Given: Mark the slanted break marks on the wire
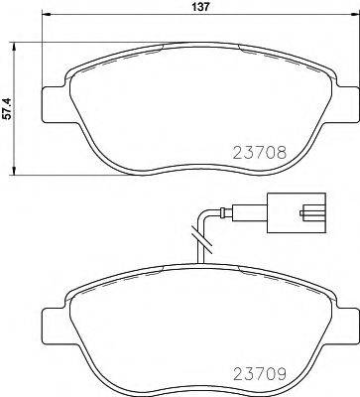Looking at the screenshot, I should [x=200, y=238].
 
